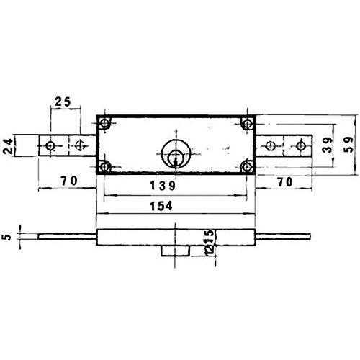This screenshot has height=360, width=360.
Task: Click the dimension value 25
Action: click(63, 102)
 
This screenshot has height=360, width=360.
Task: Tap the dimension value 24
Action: click(8, 146)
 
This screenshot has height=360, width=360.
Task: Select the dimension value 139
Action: click(163, 186)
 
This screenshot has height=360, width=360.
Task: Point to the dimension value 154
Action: click(161, 206)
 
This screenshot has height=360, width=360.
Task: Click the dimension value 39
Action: click(328, 145)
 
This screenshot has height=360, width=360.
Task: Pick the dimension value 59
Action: click(348, 145)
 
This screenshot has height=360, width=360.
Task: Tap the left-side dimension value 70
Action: click(69, 181)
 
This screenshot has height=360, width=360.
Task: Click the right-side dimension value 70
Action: click(285, 182)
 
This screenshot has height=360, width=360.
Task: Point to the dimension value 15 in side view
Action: click(210, 236)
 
